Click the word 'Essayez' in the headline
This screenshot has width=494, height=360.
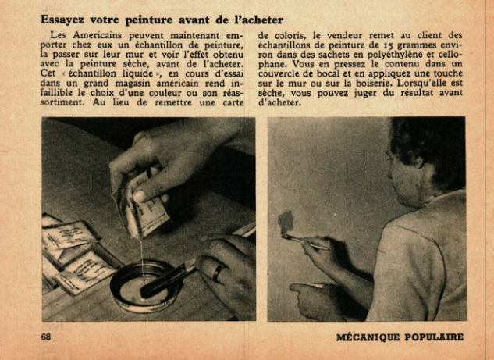[62, 20]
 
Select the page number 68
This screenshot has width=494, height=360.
[46, 337]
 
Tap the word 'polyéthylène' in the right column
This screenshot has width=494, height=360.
[395, 55]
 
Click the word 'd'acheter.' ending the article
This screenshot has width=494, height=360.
[278, 103]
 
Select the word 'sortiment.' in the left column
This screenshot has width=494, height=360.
[62, 103]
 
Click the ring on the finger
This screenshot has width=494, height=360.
[219, 273]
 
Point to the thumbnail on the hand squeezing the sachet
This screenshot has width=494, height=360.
[140, 196]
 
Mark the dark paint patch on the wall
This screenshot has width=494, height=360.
[286, 222]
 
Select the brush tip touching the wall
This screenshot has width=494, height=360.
[286, 237]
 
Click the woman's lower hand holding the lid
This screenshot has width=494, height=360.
[318, 299]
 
